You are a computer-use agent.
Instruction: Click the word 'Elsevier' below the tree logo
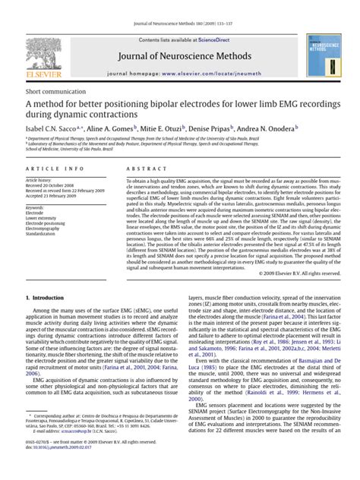pyautogui.click(x=35, y=79)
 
